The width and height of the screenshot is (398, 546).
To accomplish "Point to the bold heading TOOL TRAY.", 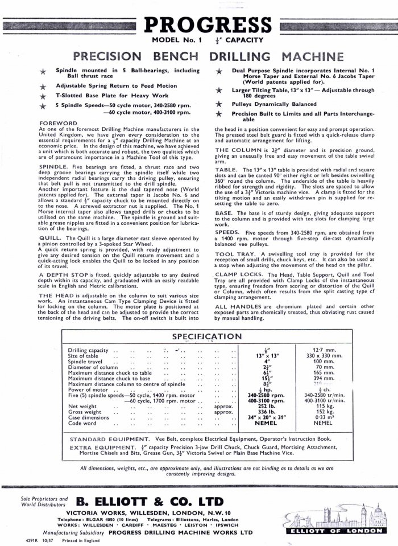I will (x=236, y=253).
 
